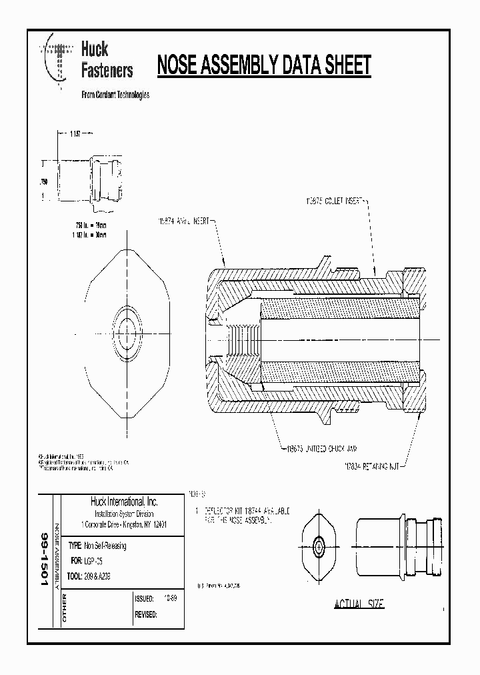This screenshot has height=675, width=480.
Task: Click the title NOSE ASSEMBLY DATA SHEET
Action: click(263, 66)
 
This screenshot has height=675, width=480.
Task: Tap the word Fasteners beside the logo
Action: click(107, 70)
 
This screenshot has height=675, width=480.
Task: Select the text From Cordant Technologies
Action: click(115, 95)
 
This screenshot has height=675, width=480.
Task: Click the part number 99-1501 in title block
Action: click(45, 559)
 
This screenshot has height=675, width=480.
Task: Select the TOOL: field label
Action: click(75, 574)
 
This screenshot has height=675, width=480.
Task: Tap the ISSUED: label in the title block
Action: click(145, 599)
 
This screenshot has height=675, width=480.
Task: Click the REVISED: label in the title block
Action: click(146, 615)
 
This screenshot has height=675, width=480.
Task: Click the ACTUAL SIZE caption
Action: click(359, 604)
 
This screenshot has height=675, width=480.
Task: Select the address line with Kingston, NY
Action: click(123, 524)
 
